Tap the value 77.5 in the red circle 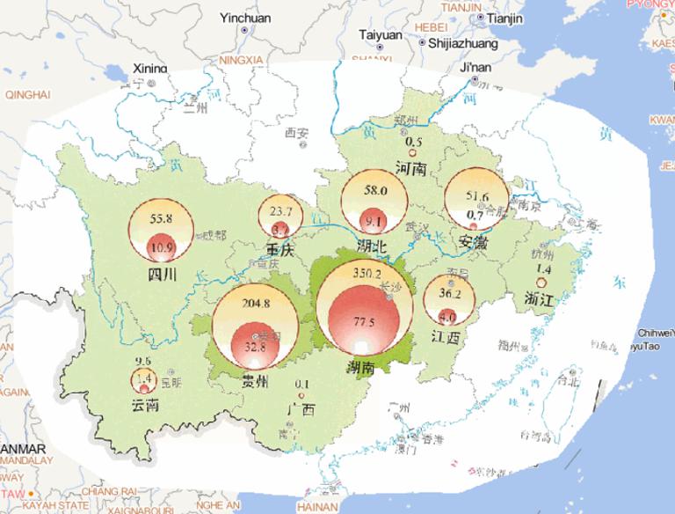(365, 323)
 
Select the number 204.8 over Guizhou (255, 304)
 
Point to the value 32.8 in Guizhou (254, 347)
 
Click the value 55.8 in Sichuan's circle (162, 218)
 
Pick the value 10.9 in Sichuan (162, 248)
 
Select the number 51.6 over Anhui (477, 195)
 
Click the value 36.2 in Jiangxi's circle (449, 294)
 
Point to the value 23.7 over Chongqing (281, 211)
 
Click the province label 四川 (163, 274)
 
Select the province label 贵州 (255, 381)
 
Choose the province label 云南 (145, 405)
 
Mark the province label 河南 (410, 167)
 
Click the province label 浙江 (540, 299)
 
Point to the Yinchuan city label (245, 18)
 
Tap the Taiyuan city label (381, 35)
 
